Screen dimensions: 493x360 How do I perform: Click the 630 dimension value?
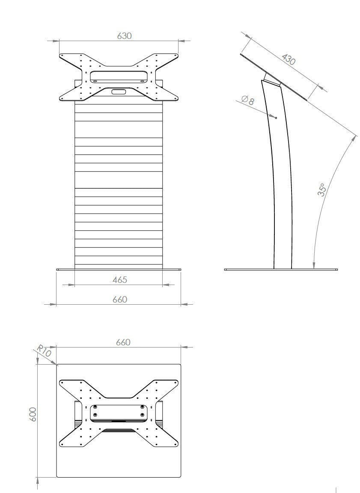click(x=124, y=36)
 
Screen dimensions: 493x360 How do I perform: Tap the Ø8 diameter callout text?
click(x=248, y=101)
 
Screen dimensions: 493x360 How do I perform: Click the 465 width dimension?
click(x=119, y=280)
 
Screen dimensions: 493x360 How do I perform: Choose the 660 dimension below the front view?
click(x=119, y=300)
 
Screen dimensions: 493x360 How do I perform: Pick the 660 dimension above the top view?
click(x=123, y=342)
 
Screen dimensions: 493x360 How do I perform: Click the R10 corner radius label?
click(x=44, y=351)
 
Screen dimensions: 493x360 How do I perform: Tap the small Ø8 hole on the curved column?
click(x=276, y=117)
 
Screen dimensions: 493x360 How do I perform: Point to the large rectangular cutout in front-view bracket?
click(x=119, y=77)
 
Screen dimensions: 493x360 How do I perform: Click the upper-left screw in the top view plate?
click(x=95, y=407)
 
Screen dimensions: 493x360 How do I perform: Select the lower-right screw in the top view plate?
click(x=142, y=415)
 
